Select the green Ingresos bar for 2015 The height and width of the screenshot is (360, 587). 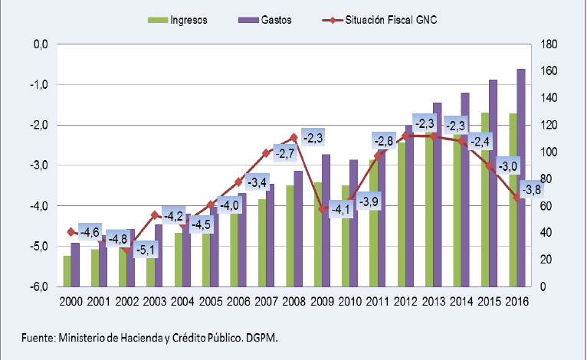click(484, 199)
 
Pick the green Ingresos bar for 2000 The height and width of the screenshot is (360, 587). click(67, 271)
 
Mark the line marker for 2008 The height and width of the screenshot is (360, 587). click(293, 138)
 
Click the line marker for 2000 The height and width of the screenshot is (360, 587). click(71, 231)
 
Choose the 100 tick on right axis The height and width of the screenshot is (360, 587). click(549, 152)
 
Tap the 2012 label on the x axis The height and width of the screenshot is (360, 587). click(405, 302)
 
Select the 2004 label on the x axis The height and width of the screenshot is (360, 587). click(182, 302)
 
